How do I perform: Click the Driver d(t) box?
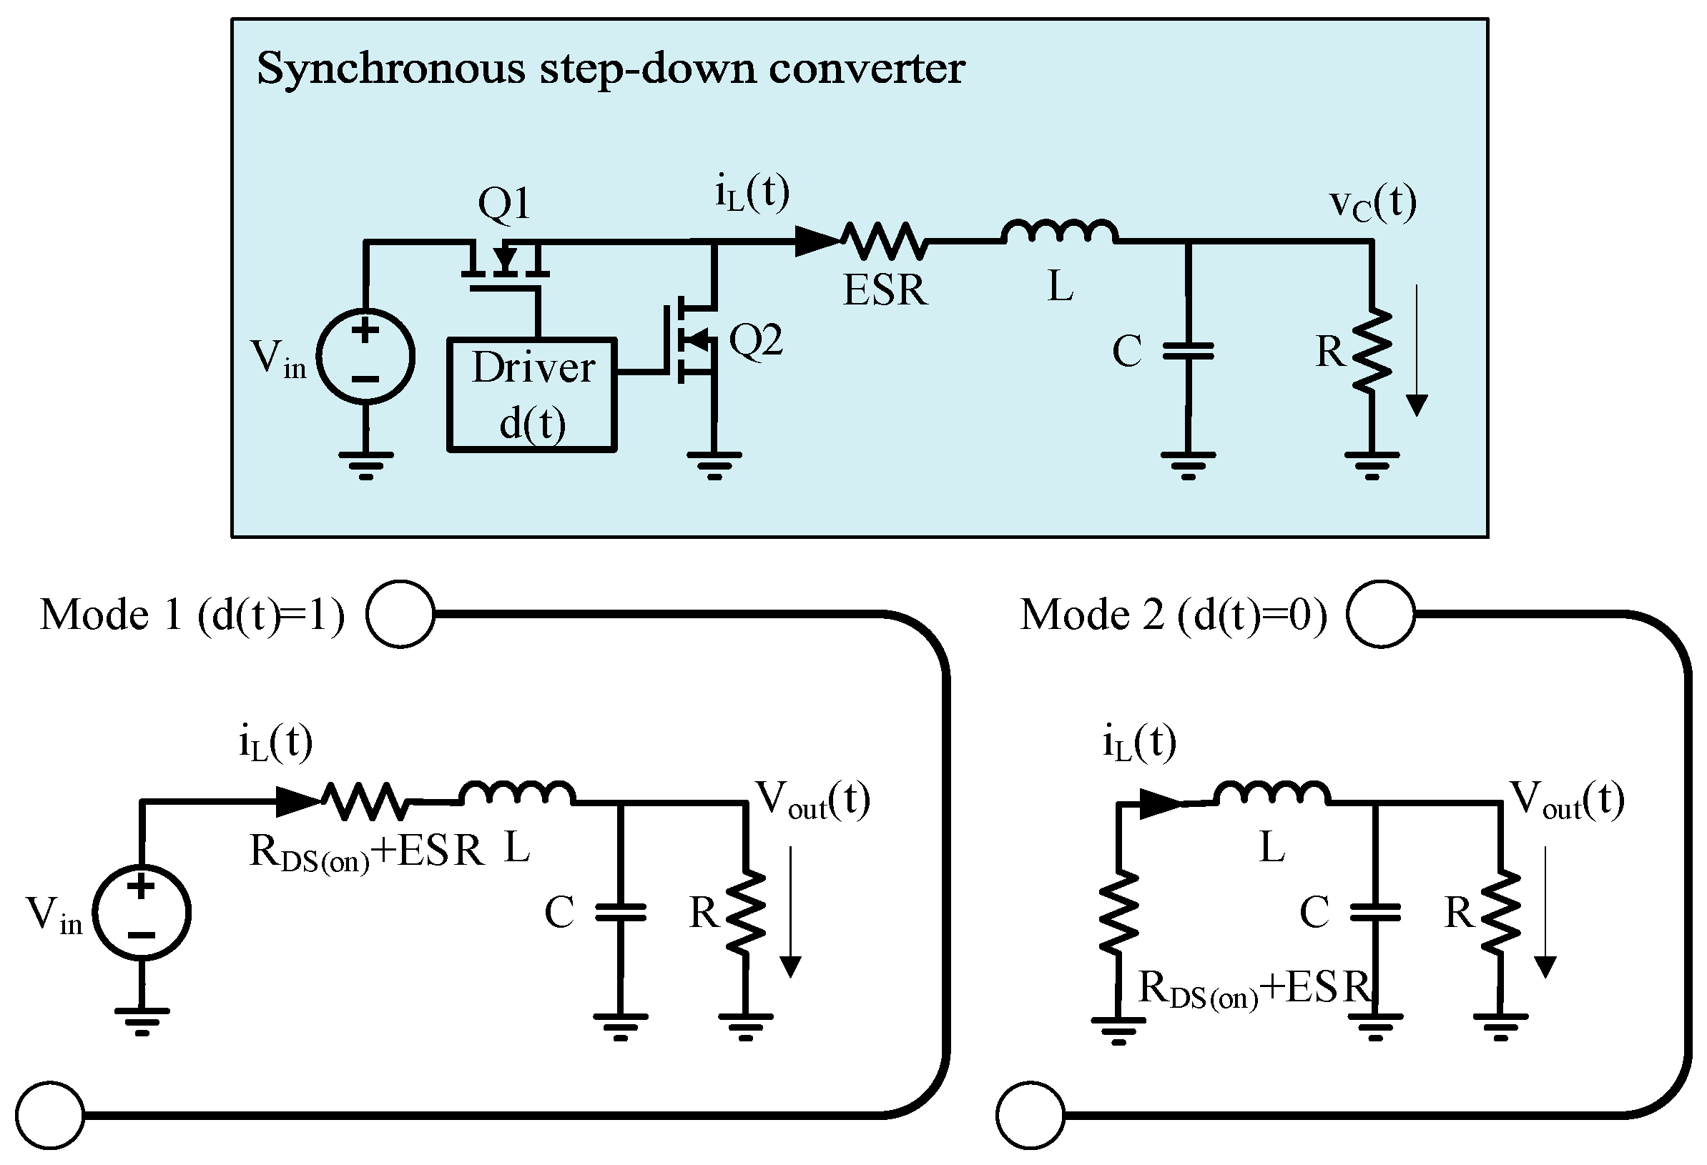[x=532, y=395]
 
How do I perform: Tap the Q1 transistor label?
[x=504, y=204]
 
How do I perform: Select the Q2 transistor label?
[x=755, y=341]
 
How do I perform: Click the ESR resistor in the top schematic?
[x=884, y=241]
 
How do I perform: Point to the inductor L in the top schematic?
[x=1059, y=232]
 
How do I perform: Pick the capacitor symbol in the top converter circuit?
[x=1188, y=352]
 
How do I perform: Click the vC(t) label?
[x=1372, y=204]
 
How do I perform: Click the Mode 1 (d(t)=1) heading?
[x=192, y=615]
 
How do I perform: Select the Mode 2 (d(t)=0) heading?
[x=1173, y=615]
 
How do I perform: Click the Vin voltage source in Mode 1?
[x=142, y=912]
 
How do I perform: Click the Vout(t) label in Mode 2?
[x=1566, y=800]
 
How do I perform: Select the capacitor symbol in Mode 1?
[x=621, y=913]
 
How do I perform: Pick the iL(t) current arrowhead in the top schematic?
[x=817, y=240]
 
